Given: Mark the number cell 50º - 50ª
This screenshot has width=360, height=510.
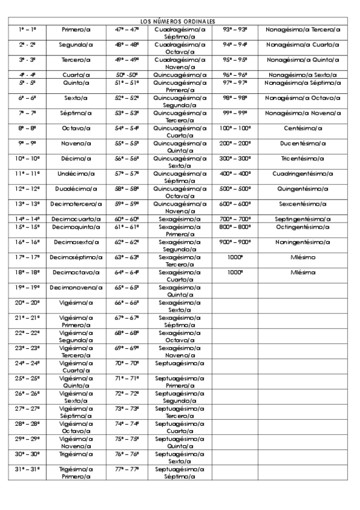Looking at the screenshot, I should click(x=127, y=75).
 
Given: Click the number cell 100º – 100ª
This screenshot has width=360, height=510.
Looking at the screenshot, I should click(x=235, y=128).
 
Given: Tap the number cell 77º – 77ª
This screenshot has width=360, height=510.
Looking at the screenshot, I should click(x=127, y=469).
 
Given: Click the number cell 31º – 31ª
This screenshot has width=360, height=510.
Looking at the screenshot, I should click(x=28, y=469).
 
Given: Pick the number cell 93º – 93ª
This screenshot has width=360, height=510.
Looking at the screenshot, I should click(x=235, y=29).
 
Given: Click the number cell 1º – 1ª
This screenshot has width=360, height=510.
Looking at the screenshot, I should click(x=28, y=29).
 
